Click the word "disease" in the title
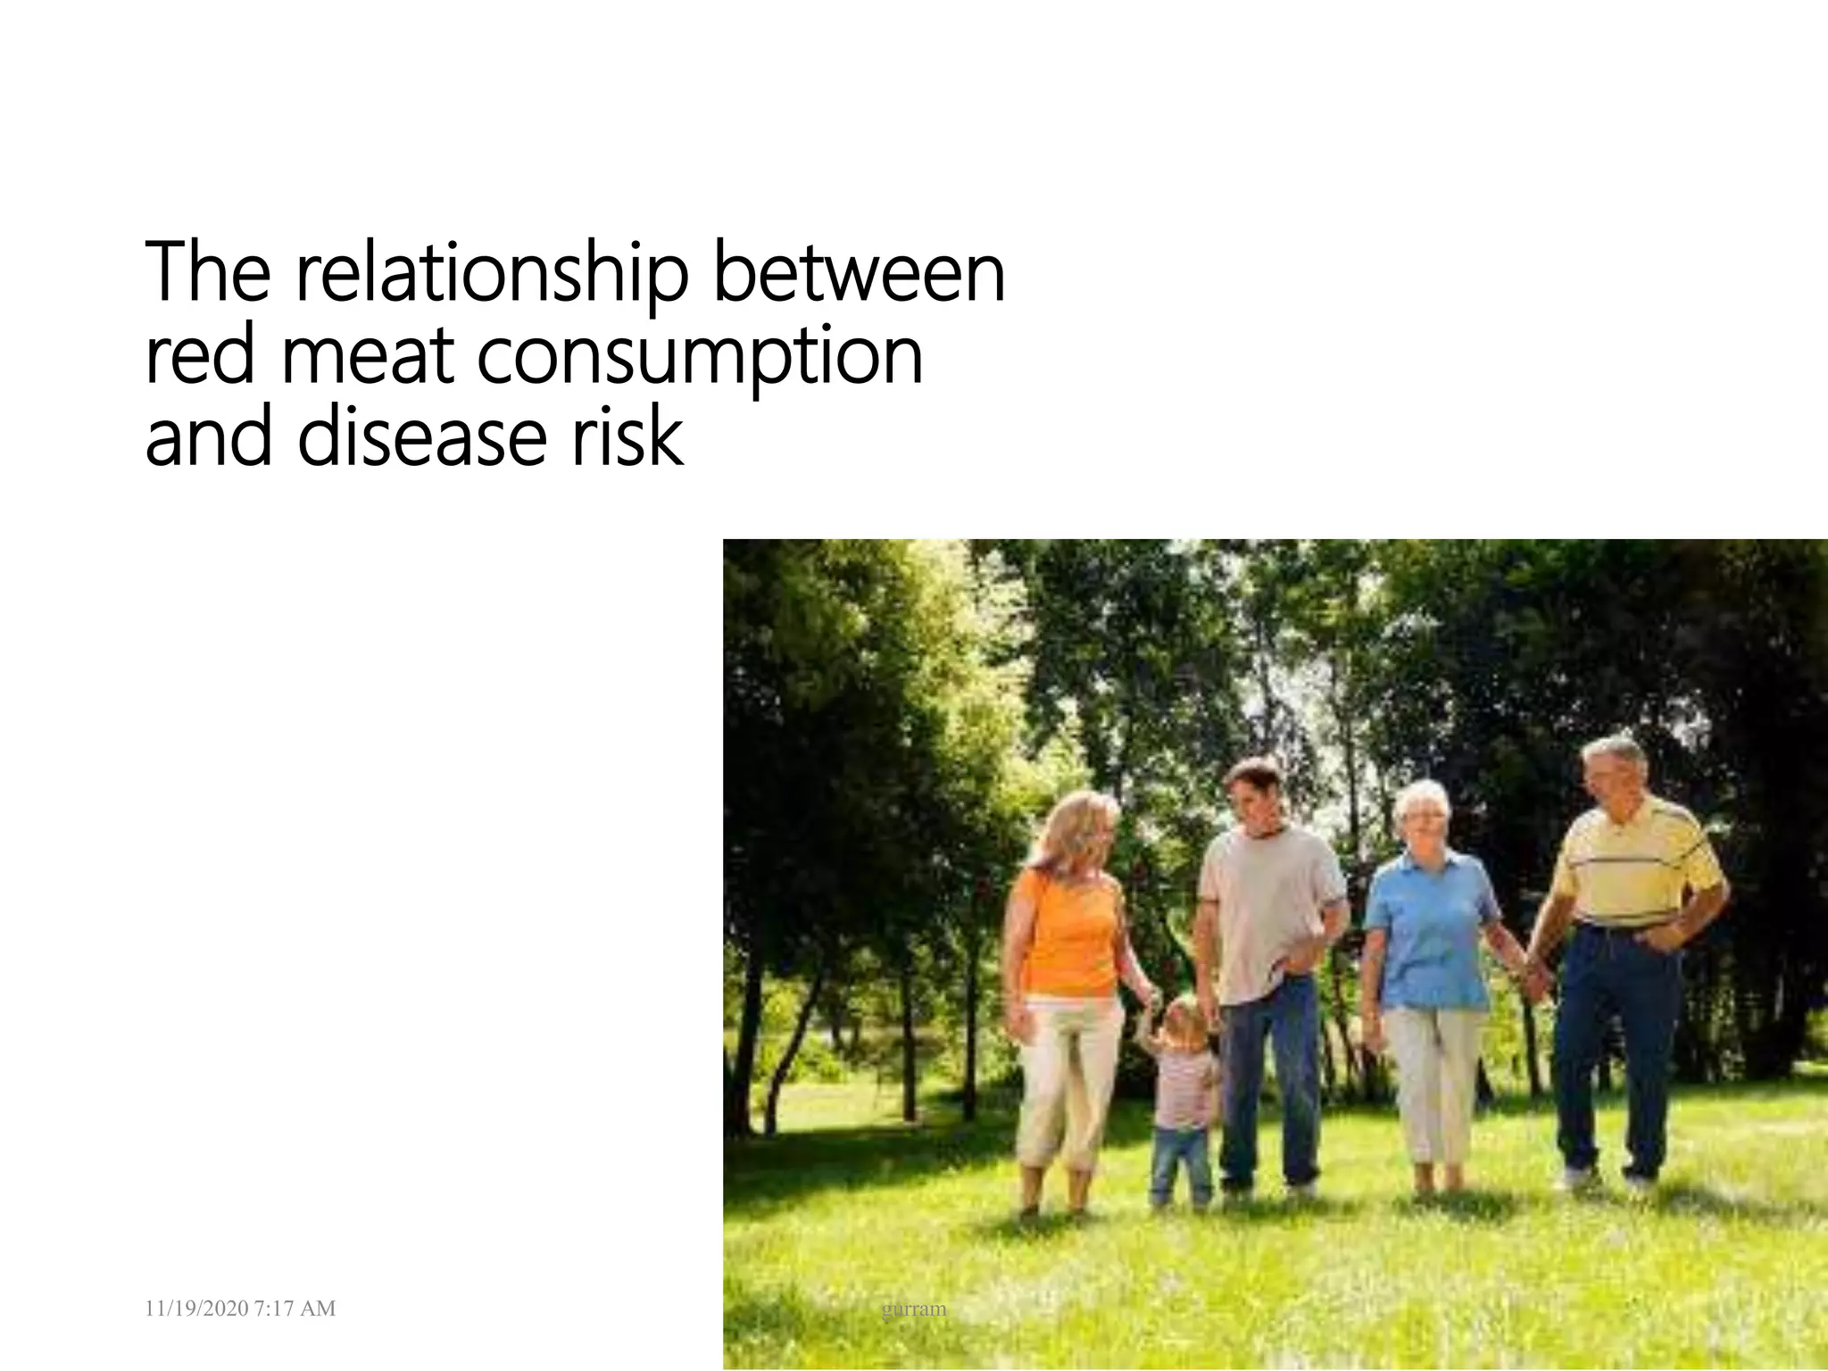(420, 438)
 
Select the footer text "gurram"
(913, 1309)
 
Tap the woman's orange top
(1067, 937)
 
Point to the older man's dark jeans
(1616, 1044)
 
